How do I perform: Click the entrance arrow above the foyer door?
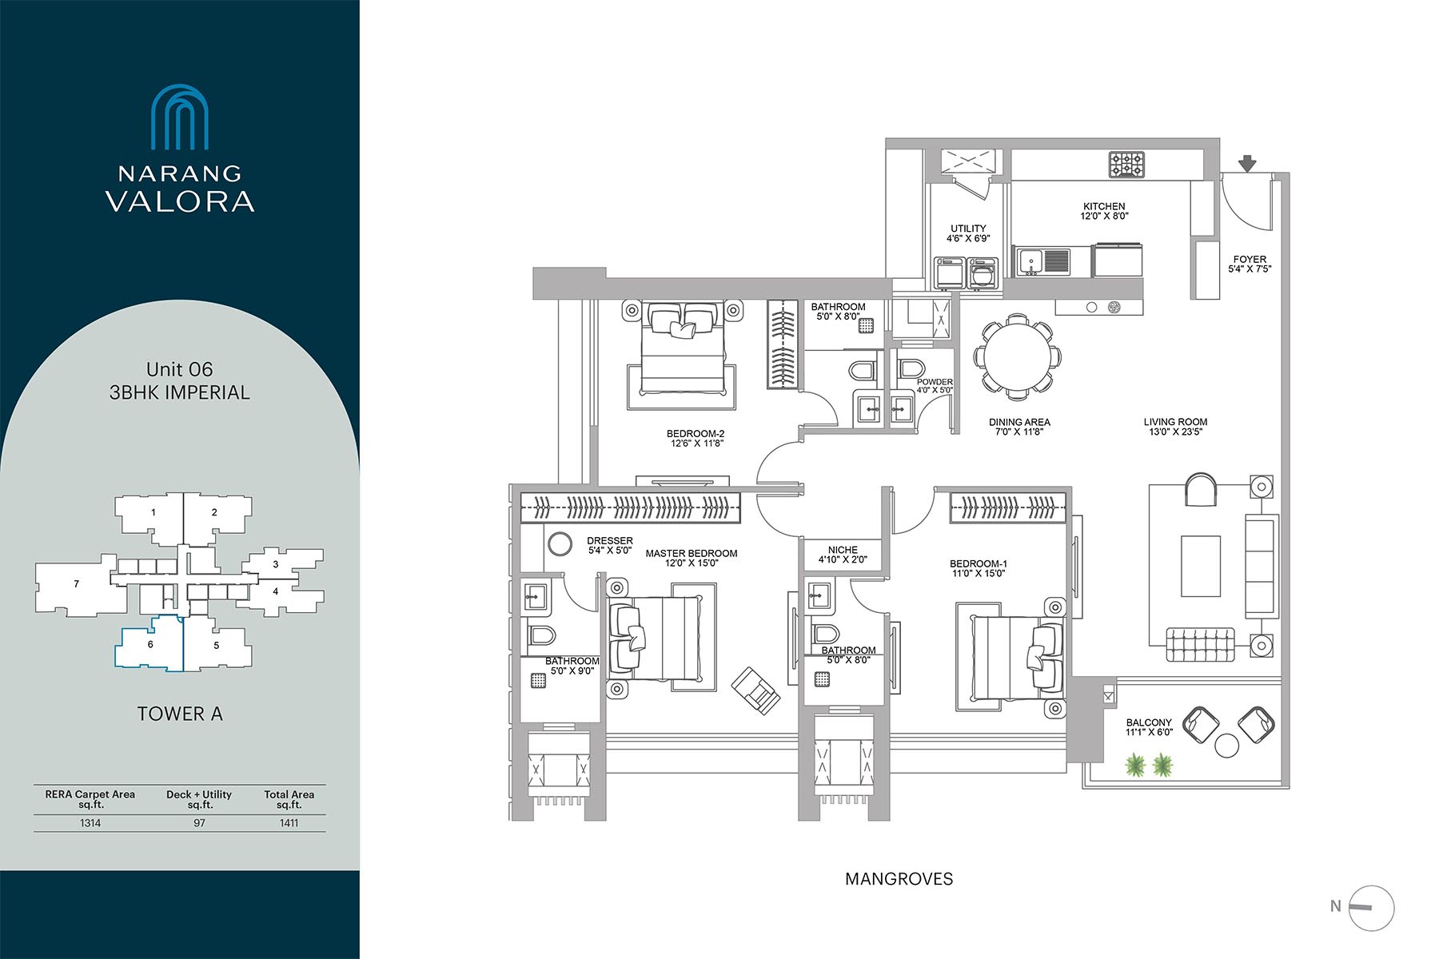pyautogui.click(x=1247, y=163)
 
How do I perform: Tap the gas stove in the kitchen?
pyautogui.click(x=1126, y=165)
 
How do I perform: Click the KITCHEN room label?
pyautogui.click(x=1104, y=206)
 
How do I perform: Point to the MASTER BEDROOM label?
pyautogui.click(x=692, y=553)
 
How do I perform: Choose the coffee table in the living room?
pyautogui.click(x=1201, y=566)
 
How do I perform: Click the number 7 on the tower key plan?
pyautogui.click(x=77, y=584)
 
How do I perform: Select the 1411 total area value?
pyautogui.click(x=289, y=823)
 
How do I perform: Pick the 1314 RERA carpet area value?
pyautogui.click(x=90, y=823)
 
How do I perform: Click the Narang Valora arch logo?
pyautogui.click(x=180, y=117)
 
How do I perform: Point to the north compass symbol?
pyautogui.click(x=1372, y=908)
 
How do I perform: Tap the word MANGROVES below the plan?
pyautogui.click(x=899, y=879)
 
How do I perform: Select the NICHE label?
pyautogui.click(x=843, y=550)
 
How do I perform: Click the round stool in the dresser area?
pyautogui.click(x=560, y=544)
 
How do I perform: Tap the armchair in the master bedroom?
pyautogui.click(x=755, y=689)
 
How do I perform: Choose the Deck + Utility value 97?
pyautogui.click(x=199, y=823)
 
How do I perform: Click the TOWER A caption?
pyautogui.click(x=180, y=714)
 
